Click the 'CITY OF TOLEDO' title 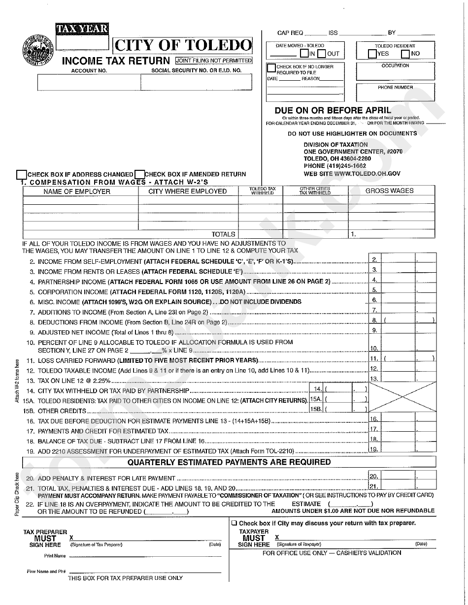click(183, 46)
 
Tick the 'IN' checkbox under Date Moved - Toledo click(305, 54)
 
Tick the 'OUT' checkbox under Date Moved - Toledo click(321, 54)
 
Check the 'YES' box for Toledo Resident click(372, 54)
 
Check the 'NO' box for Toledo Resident click(405, 54)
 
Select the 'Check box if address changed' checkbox click(22, 174)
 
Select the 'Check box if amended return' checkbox click(139, 174)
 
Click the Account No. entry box click(89, 83)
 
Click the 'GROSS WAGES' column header click(389, 191)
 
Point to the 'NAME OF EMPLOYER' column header click(77, 191)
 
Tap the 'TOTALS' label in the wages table click(223, 234)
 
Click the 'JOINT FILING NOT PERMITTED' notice click(214, 61)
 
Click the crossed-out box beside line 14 click(402, 398)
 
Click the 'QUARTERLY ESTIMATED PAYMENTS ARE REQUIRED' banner click(229, 462)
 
